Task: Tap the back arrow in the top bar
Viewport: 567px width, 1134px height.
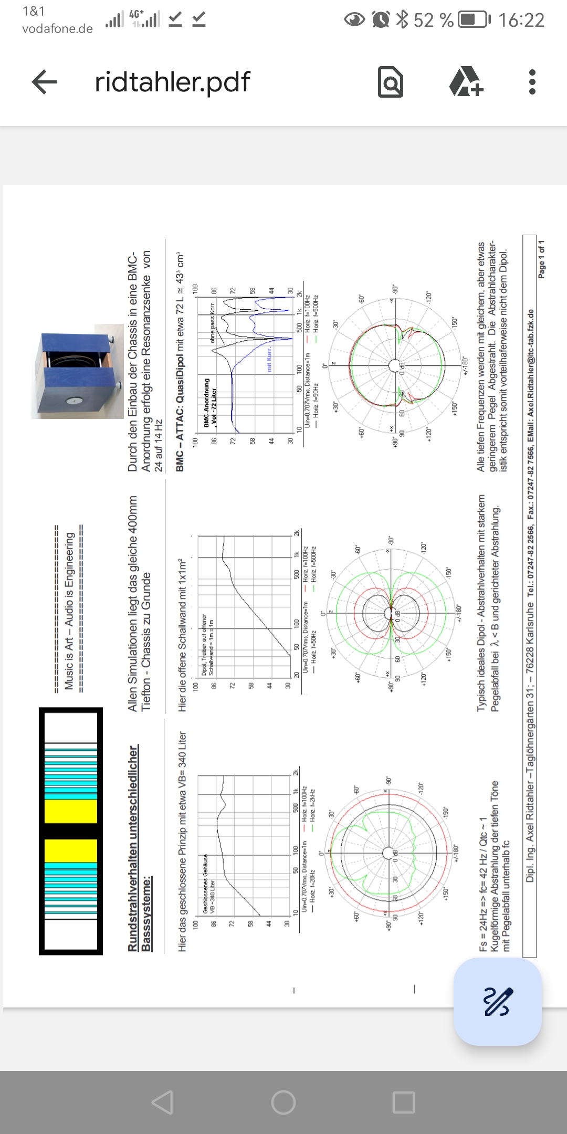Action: pos(44,82)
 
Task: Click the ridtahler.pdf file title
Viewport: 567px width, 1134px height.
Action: pos(172,82)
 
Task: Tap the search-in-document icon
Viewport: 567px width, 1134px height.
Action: pos(391,82)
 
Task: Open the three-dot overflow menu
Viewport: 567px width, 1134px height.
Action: pos(532,82)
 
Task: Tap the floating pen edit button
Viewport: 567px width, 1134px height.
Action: pos(497,1001)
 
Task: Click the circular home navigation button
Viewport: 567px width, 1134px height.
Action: pos(283,1102)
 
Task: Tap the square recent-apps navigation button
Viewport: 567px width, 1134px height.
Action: pos(404,1102)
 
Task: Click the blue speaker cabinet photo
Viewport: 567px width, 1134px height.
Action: pos(78,372)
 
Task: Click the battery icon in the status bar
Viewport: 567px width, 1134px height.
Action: pos(474,20)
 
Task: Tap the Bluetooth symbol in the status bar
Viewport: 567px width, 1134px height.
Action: pos(402,20)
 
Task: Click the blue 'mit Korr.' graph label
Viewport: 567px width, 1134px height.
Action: pos(269,359)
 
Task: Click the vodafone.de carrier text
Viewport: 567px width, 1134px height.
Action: pos(57,29)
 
